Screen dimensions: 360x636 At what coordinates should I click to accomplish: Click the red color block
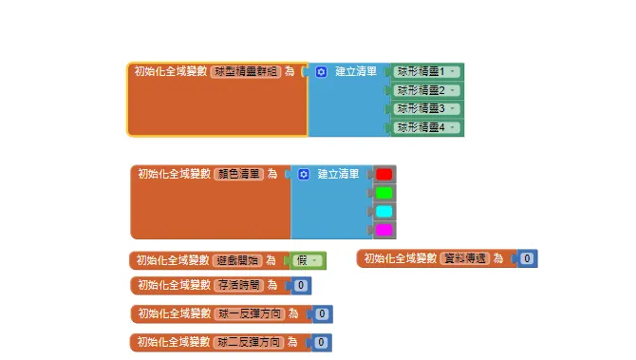tap(383, 174)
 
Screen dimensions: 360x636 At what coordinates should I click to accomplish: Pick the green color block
tap(383, 193)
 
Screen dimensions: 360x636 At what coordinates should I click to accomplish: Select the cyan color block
tap(383, 211)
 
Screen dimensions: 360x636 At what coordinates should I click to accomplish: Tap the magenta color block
tap(383, 230)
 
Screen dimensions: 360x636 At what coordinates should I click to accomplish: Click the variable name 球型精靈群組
tap(246, 71)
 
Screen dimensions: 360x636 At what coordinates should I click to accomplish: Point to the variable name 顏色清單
tap(239, 174)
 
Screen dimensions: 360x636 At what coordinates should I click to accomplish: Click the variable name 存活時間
tap(239, 284)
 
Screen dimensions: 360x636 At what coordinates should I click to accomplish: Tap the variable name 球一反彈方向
tap(250, 313)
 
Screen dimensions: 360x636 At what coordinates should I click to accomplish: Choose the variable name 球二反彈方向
tap(250, 341)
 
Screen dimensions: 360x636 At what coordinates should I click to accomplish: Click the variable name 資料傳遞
tap(465, 257)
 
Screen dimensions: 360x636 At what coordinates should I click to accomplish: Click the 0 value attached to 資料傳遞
tap(528, 257)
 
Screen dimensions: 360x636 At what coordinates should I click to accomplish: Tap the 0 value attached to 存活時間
tap(300, 284)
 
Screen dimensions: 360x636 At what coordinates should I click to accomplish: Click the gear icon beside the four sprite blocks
tap(321, 71)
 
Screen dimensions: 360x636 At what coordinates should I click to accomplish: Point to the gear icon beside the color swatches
tap(304, 174)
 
